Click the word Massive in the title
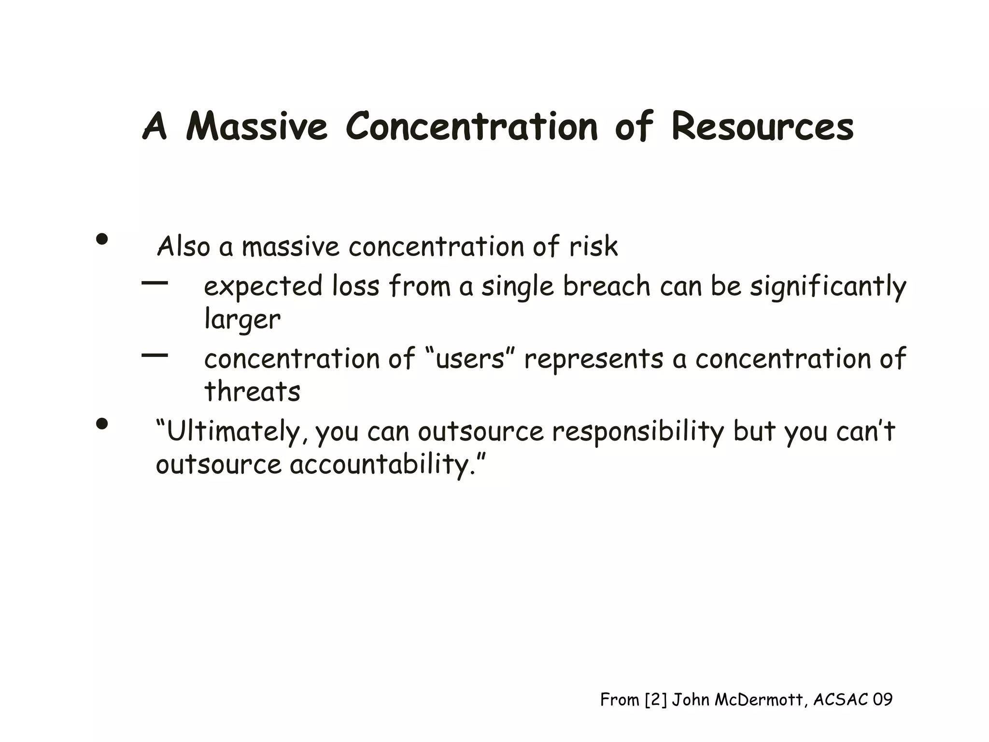coord(256,127)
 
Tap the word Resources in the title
coord(763,127)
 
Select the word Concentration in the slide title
coord(472,127)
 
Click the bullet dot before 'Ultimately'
coord(102,424)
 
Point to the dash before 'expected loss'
coord(155,284)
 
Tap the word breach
coord(607,286)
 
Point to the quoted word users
coord(470,359)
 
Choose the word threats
coord(252,391)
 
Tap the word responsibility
coord(638,431)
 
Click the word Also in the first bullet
coord(184,246)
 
